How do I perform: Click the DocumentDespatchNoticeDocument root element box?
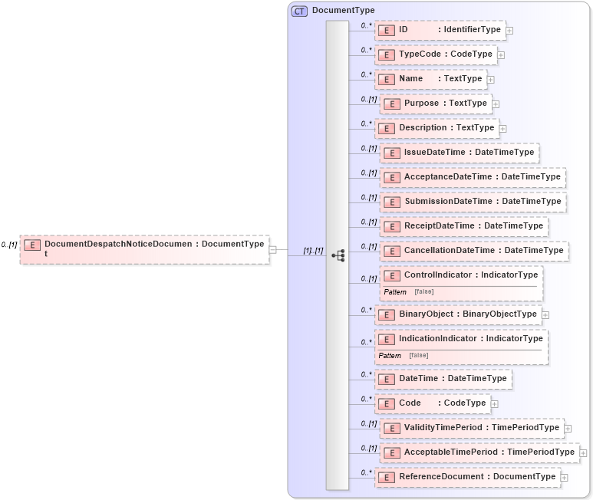[x=144, y=249]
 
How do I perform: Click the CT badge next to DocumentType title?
[x=299, y=12]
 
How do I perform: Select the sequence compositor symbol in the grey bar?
[x=338, y=255]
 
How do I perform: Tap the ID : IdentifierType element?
[x=440, y=30]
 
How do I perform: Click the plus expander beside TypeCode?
[x=501, y=55]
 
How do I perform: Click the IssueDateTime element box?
[x=459, y=153]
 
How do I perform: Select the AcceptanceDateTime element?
[x=473, y=177]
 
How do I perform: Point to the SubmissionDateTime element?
[x=473, y=202]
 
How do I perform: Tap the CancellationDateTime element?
[x=473, y=250]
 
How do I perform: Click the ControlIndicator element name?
[x=439, y=275]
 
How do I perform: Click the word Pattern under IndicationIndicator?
[x=390, y=355]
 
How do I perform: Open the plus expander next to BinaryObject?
[x=545, y=314]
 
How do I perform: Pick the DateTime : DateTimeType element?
[x=443, y=378]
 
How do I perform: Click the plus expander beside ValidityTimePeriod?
[x=568, y=428]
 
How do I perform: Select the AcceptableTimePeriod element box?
[x=479, y=452]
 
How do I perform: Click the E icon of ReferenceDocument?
[x=387, y=477]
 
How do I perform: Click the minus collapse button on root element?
[x=272, y=249]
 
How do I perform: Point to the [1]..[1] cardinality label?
[x=313, y=251]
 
